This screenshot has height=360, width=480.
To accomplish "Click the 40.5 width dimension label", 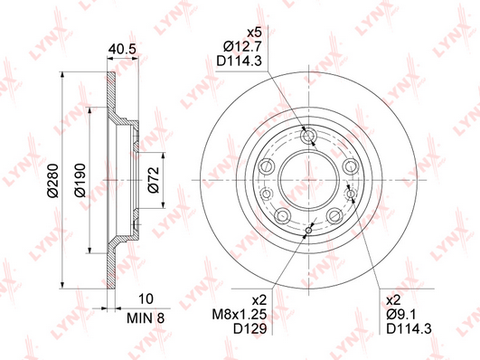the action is [x=122, y=49].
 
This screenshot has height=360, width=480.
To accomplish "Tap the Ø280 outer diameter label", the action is [x=53, y=181].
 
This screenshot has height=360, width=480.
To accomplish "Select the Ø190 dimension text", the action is [x=80, y=180].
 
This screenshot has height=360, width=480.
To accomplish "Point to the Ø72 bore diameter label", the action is [x=154, y=180].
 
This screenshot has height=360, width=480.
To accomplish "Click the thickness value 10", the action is [x=146, y=298].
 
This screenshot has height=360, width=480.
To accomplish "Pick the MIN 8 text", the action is [x=146, y=318].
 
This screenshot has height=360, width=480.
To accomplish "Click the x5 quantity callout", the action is [x=254, y=33].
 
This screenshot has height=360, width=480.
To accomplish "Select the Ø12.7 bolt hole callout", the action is [x=242, y=47].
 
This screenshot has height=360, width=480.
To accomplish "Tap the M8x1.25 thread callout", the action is [x=240, y=315].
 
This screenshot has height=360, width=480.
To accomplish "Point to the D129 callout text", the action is [x=249, y=328].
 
